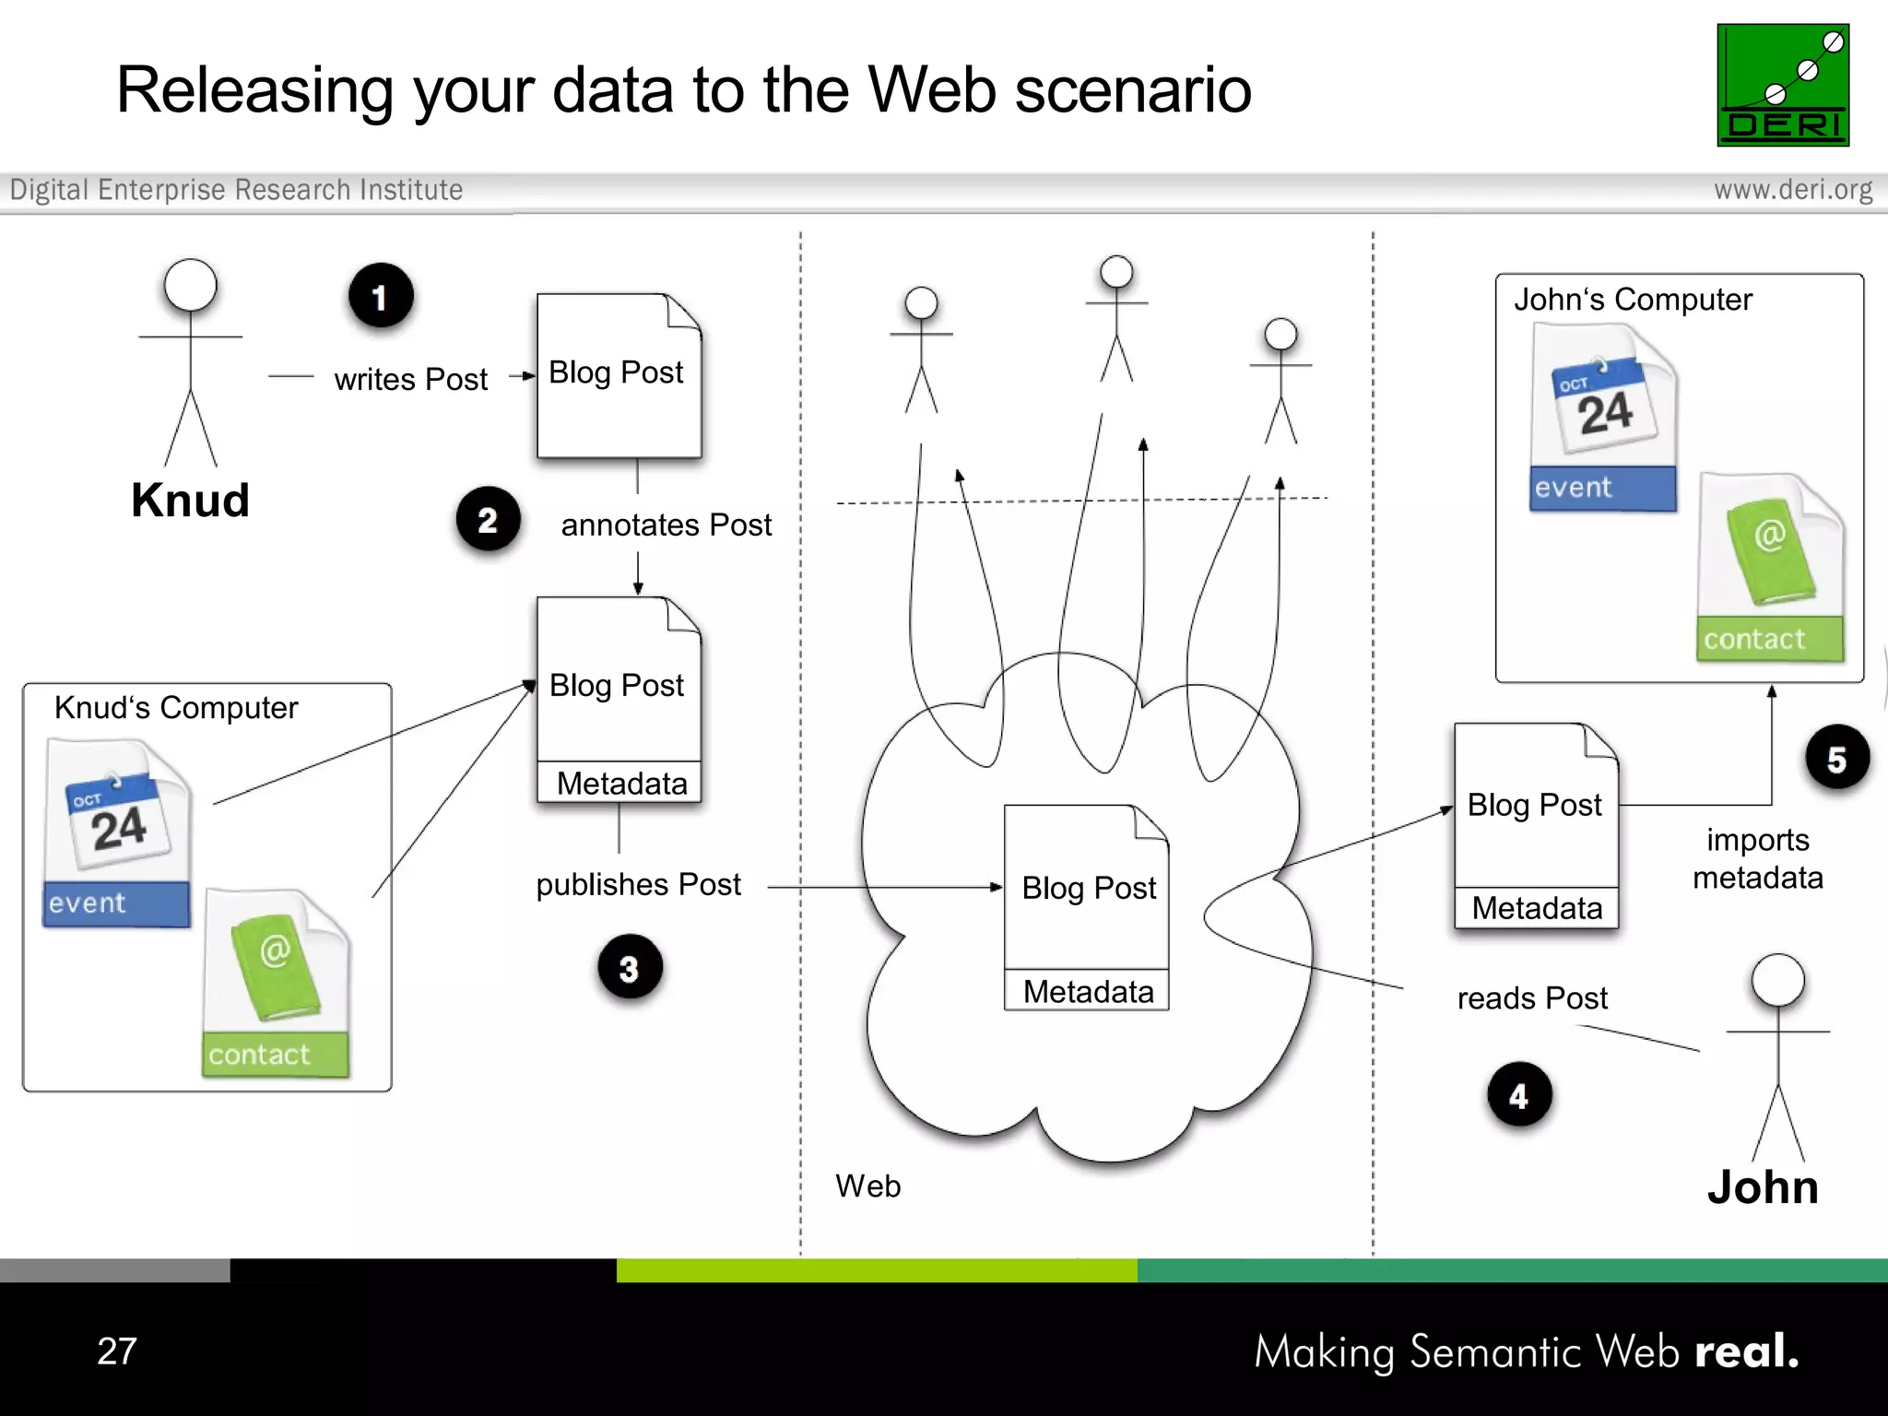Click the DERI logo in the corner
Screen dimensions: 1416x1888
coord(1782,85)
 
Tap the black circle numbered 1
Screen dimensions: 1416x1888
coord(381,296)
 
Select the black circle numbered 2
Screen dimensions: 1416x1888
coord(488,519)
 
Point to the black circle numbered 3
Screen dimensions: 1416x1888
coord(630,967)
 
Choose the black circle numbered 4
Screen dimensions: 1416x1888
coord(1519,1094)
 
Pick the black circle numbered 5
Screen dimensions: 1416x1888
coord(1836,758)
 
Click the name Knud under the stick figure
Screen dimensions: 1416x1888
coord(190,501)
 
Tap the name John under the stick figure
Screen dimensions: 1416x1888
coord(1763,1186)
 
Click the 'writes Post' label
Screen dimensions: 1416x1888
coord(410,379)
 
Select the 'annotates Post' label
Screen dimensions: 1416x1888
coord(666,525)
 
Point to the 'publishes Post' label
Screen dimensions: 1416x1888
coord(638,884)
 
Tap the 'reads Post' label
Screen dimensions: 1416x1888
coord(1531,997)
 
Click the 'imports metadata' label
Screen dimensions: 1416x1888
coord(1757,858)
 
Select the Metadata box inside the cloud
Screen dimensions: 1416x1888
coord(1087,991)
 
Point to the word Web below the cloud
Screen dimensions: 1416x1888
coord(867,1186)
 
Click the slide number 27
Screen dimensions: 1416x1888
coord(117,1351)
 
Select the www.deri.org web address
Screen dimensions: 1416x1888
coord(1792,190)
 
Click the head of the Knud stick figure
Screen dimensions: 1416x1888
coord(190,285)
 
